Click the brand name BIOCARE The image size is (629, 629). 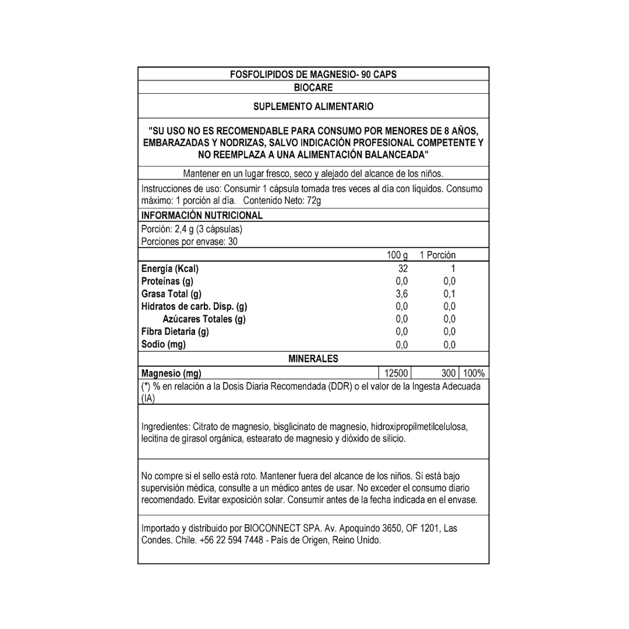click(x=313, y=88)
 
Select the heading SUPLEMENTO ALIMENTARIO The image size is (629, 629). click(x=313, y=106)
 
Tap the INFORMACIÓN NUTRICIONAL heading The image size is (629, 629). click(x=202, y=215)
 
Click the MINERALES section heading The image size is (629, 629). click(x=313, y=359)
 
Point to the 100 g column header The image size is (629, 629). click(x=397, y=255)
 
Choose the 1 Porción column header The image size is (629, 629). click(x=438, y=255)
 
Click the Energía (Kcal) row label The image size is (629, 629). click(x=170, y=269)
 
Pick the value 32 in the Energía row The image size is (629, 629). click(x=403, y=268)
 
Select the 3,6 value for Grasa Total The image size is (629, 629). click(x=402, y=294)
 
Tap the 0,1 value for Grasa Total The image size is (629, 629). click(x=449, y=294)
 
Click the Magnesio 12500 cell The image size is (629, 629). click(x=396, y=373)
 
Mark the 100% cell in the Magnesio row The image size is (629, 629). click(x=474, y=373)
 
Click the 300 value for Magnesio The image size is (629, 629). click(x=448, y=373)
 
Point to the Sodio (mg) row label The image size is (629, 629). click(x=164, y=344)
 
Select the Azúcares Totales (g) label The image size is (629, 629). click(x=204, y=319)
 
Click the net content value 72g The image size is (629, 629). click(x=313, y=201)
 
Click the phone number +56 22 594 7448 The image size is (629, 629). click(x=231, y=540)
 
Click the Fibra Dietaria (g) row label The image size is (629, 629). click(x=175, y=331)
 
